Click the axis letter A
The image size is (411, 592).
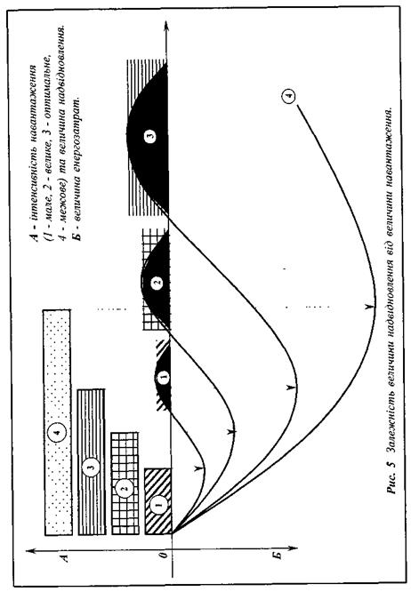(x=65, y=557)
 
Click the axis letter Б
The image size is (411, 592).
(x=277, y=556)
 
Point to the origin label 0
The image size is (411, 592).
(x=163, y=555)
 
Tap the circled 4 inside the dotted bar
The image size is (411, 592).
(x=58, y=432)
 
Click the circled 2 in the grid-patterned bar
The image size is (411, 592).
(x=125, y=489)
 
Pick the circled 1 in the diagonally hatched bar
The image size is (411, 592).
(x=158, y=503)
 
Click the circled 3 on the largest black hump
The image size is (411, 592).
(x=150, y=136)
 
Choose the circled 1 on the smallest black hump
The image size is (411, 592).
(x=163, y=377)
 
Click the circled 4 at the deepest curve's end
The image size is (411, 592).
(x=288, y=97)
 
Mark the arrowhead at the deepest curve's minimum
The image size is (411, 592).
(x=369, y=307)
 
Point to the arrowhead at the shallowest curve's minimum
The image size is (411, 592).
(x=198, y=468)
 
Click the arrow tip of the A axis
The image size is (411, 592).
(x=27, y=551)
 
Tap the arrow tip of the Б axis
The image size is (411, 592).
(x=298, y=548)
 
